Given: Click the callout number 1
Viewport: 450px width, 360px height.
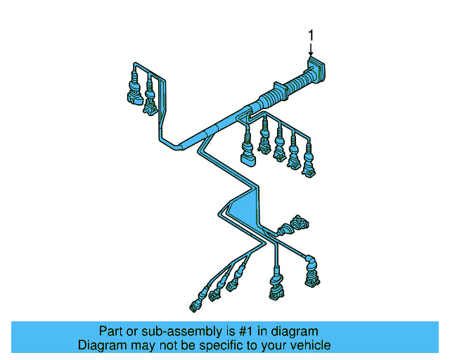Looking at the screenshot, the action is pos(311,35).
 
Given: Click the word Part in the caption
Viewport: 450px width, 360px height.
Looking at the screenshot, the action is pos(110,331).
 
